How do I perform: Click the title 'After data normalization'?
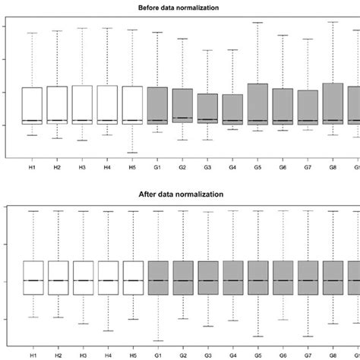pyautogui.click(x=180, y=194)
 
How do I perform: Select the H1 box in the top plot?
pyautogui.click(x=32, y=105)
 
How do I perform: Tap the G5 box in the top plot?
pyautogui.click(x=257, y=104)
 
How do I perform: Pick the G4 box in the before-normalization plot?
pyautogui.click(x=232, y=109)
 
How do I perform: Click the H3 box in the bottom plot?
pyautogui.click(x=82, y=277)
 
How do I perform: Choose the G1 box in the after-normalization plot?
pyautogui.click(x=157, y=277)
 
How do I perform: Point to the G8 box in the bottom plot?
pyautogui.click(x=333, y=277)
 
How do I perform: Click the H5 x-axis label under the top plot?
pyautogui.click(x=132, y=168)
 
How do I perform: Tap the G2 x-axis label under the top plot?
pyautogui.click(x=182, y=168)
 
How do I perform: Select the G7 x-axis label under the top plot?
pyautogui.click(x=308, y=168)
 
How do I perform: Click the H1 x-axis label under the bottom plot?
pyautogui.click(x=32, y=354)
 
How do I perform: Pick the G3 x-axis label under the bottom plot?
pyautogui.click(x=207, y=354)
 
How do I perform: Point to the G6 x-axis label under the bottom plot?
pyautogui.click(x=283, y=354)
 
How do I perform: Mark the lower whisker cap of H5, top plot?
pyautogui.click(x=132, y=153)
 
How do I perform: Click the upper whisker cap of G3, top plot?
pyautogui.click(x=207, y=50)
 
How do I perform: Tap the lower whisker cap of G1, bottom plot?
pyautogui.click(x=157, y=340)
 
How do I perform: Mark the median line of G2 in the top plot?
pyautogui.click(x=182, y=118)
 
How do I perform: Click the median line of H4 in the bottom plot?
pyautogui.click(x=107, y=280)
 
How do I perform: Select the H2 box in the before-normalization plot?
pyautogui.click(x=57, y=104)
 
